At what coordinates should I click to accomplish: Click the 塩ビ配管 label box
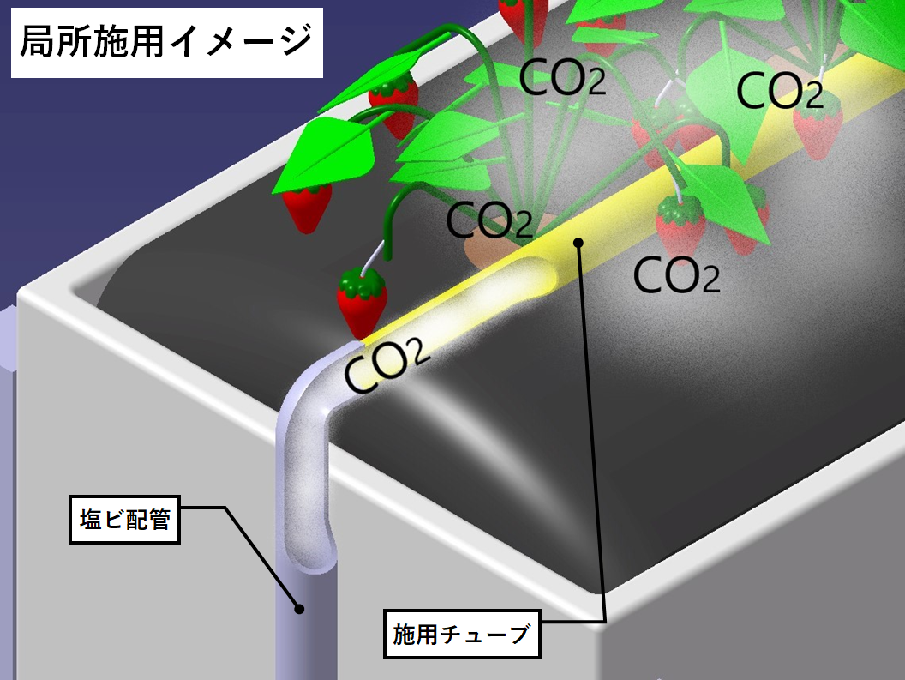(x=125, y=520)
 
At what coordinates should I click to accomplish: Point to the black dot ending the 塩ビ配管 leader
(x=299, y=609)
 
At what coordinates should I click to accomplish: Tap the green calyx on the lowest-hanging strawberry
(x=361, y=279)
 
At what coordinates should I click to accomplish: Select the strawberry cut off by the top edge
(x=524, y=15)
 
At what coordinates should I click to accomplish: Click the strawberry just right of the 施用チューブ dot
(x=681, y=225)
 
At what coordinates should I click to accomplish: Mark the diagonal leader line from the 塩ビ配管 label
(x=261, y=557)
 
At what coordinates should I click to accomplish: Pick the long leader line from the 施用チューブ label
(x=592, y=429)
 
